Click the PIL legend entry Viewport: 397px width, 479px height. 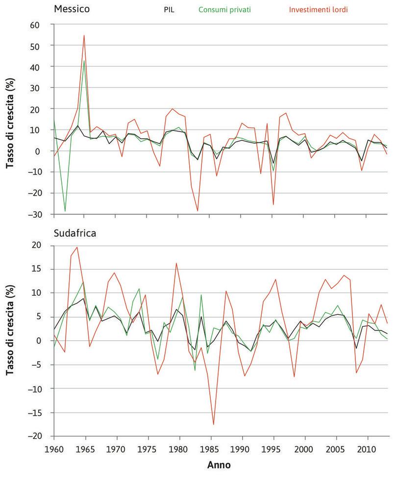(169, 9)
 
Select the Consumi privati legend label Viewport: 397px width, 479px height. (224, 9)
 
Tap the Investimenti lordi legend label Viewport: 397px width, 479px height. (319, 9)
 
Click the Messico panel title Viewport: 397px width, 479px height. (72, 9)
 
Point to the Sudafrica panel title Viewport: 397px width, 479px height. (75, 233)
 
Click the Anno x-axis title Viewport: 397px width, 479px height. (221, 463)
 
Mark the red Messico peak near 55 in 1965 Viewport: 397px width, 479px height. (84, 35)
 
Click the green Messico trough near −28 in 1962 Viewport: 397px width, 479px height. (65, 211)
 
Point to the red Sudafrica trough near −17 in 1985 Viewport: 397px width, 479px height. (214, 424)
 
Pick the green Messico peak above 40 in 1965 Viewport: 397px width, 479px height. (84, 61)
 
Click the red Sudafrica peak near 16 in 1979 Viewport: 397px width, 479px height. (176, 263)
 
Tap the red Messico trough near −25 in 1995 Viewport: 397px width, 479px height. (273, 204)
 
